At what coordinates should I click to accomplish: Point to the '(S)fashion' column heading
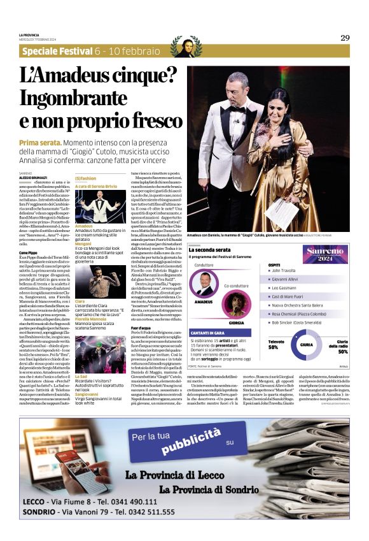coord(87,178)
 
